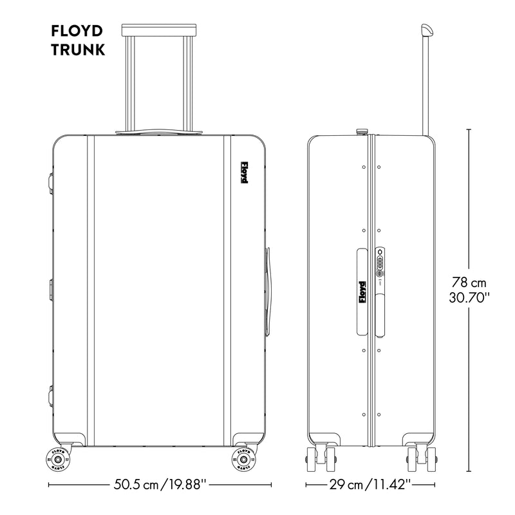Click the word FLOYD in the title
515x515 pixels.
pos(77,32)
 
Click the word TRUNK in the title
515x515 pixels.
pos(77,50)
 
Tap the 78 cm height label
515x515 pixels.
pos(470,283)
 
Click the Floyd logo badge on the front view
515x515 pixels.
pos(244,173)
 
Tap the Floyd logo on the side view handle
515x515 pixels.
pos(362,293)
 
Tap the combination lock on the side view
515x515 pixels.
pos(380,263)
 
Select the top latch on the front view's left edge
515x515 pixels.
pos(50,180)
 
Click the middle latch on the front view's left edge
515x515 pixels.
pos(50,290)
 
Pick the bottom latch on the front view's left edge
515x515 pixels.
pos(50,394)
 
